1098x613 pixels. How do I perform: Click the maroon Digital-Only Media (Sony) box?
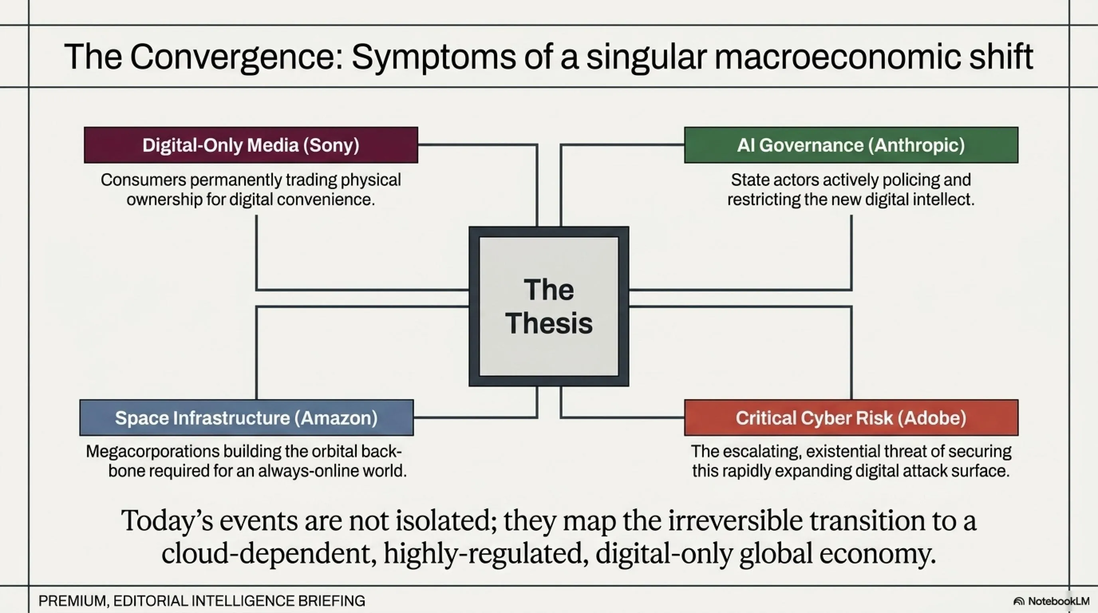click(251, 145)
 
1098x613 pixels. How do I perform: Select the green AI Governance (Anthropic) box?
click(851, 145)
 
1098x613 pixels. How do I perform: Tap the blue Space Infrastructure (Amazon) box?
click(246, 417)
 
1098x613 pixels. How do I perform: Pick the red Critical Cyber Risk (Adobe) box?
click(851, 417)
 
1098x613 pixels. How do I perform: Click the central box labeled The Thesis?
click(549, 306)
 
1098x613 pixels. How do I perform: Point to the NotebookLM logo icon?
click(1019, 601)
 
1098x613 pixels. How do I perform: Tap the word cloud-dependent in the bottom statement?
click(269, 553)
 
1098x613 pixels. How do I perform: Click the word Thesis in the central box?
click(549, 323)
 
